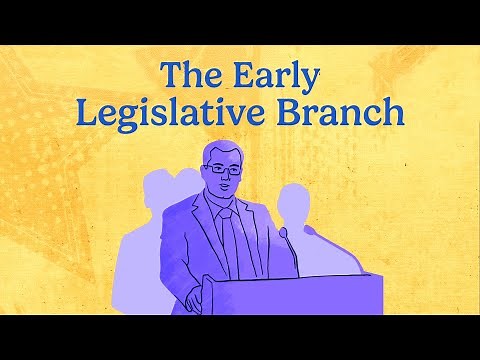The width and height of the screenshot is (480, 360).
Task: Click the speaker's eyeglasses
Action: (222, 170)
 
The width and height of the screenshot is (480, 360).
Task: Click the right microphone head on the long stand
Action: (308, 230)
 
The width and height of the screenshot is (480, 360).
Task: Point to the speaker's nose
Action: (225, 178)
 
